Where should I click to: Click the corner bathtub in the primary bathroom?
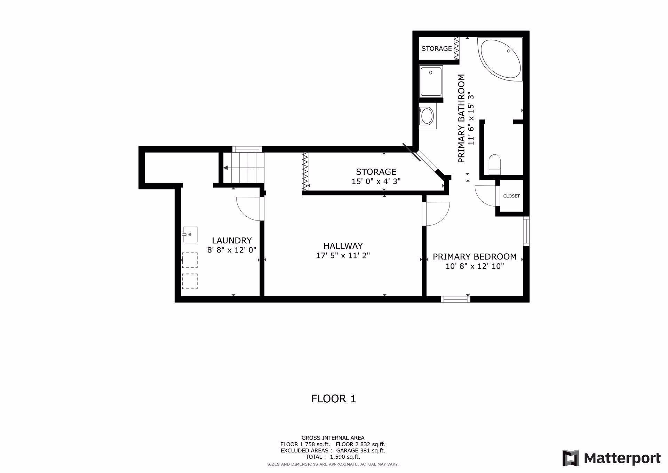[x=500, y=59]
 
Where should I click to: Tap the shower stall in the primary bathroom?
[x=431, y=81]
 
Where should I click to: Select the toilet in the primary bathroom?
[x=494, y=164]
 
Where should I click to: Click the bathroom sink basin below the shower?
[x=427, y=116]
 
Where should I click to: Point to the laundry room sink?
[x=190, y=235]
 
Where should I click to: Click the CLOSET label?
[x=511, y=196]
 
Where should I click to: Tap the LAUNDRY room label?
[x=232, y=240]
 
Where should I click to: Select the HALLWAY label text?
[x=343, y=246]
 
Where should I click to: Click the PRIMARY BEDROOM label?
[x=475, y=257]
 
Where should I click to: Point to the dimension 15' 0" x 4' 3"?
[x=376, y=181]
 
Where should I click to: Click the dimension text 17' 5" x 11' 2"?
[x=343, y=256]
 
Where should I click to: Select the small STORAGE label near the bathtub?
[x=437, y=49]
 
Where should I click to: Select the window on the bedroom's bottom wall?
[x=455, y=299]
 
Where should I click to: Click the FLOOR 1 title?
[x=334, y=399]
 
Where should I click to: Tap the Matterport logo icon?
[x=571, y=458]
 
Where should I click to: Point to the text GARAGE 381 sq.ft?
[x=361, y=451]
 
